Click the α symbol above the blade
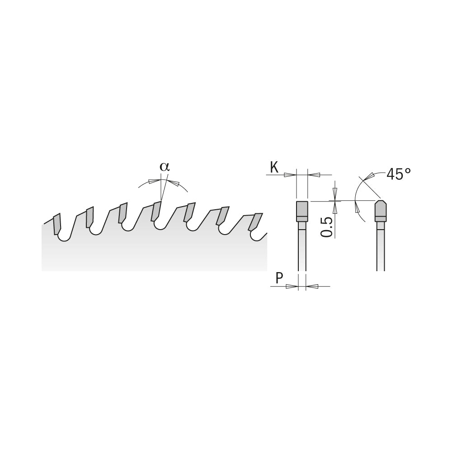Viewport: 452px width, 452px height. [x=165, y=166]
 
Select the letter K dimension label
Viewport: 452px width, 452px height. [x=274, y=168]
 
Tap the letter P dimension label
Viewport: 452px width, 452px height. [x=279, y=279]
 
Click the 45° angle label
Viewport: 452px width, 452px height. [x=399, y=174]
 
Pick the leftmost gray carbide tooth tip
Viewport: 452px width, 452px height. [x=57, y=224]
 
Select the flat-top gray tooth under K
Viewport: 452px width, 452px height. [x=302, y=209]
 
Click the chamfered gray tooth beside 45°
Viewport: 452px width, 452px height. [x=381, y=209]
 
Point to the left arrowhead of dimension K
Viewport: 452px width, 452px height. [x=290, y=175]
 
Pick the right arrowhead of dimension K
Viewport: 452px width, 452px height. [x=314, y=175]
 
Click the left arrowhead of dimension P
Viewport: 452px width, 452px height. [x=292, y=286]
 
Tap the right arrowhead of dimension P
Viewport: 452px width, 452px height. [x=312, y=286]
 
